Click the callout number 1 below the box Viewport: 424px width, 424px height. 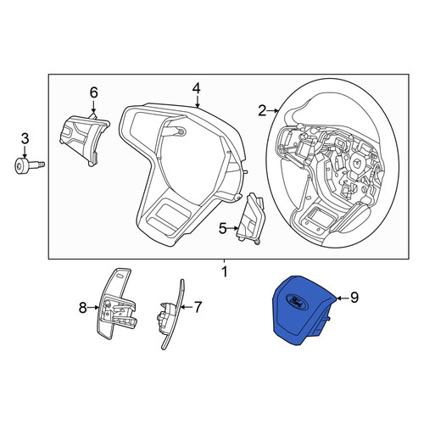pos(225,272)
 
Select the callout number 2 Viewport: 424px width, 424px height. pos(262,111)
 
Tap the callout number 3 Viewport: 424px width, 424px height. pos(25,138)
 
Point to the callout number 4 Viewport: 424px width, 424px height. pos(197,88)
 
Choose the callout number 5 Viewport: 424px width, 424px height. pos(223,228)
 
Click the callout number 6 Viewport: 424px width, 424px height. pos(93,92)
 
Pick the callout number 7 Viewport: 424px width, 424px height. pos(198,307)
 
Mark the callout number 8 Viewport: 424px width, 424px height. pos(82,307)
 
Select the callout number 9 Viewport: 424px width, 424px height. pos(354,298)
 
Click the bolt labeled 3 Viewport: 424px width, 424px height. pos(29,165)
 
